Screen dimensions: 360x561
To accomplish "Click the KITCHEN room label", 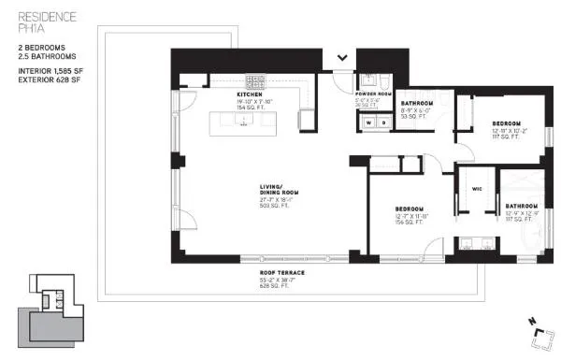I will click(x=250, y=94).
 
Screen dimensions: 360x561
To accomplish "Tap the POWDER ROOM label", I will click(x=371, y=94).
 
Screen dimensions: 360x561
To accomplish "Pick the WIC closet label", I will click(x=476, y=188).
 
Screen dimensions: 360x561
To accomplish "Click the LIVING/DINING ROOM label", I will click(x=278, y=190).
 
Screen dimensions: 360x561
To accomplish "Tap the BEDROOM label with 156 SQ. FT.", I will click(x=410, y=208).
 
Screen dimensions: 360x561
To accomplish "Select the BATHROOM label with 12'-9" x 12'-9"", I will click(x=522, y=205).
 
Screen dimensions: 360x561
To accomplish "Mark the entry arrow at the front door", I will click(x=343, y=58).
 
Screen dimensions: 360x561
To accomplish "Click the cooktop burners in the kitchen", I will click(x=253, y=80).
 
